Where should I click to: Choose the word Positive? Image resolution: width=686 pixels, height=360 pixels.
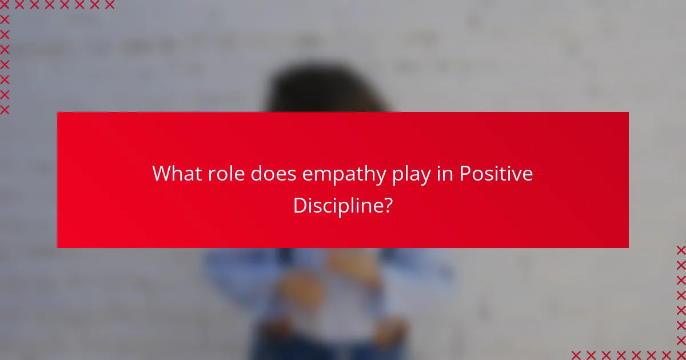coord(496,174)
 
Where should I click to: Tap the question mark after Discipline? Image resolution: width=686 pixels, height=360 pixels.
coord(387,205)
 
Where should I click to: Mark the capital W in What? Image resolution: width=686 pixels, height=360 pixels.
coord(162,174)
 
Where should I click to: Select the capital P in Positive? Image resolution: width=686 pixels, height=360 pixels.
coord(466,174)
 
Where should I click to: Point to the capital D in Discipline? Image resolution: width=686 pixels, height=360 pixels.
coord(299,205)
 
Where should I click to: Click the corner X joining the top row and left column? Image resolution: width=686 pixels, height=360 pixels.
coord(5,5)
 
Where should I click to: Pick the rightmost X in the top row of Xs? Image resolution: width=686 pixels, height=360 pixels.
coord(110,5)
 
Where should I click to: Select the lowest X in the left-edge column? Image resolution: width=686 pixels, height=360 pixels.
coord(5,109)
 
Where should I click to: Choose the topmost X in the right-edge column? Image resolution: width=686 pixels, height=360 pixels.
coord(681,250)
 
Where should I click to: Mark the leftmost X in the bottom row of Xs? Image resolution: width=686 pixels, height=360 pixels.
coord(576,355)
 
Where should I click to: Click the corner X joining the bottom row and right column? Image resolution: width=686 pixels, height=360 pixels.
coord(681,355)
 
